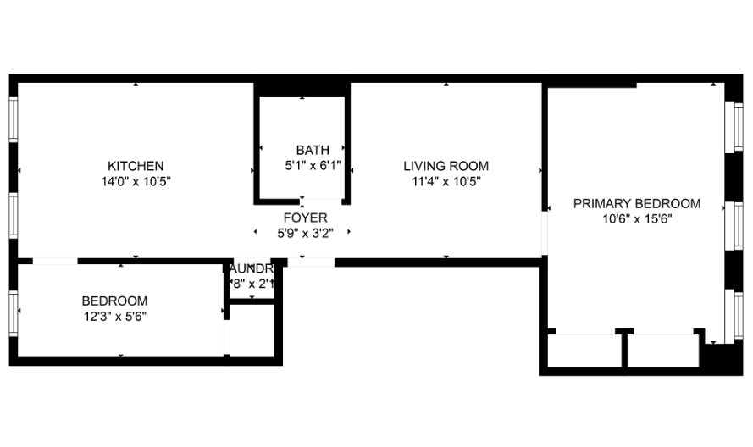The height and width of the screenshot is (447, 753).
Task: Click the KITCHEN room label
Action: (x=136, y=166)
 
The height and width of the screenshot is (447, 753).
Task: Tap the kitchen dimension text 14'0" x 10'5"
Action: (x=136, y=181)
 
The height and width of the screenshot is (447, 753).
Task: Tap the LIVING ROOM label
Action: (x=446, y=166)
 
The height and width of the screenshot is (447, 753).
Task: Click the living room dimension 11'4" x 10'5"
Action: (x=446, y=181)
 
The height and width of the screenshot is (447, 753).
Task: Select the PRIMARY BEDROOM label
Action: (x=637, y=203)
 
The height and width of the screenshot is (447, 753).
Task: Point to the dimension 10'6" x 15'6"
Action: (x=637, y=218)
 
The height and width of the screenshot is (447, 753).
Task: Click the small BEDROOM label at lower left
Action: (x=114, y=301)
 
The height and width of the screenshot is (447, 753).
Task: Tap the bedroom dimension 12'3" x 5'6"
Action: (x=114, y=316)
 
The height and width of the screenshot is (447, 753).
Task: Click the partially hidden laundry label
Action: (x=252, y=269)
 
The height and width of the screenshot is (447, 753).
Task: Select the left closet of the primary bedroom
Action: (x=585, y=351)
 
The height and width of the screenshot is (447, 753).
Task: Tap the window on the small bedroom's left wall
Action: (x=14, y=312)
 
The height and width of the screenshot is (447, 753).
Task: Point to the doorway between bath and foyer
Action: (x=323, y=201)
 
